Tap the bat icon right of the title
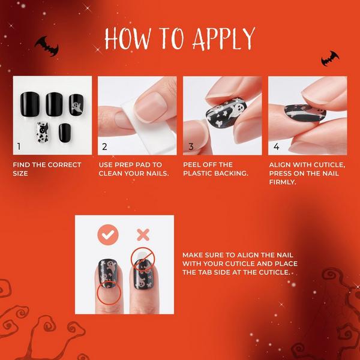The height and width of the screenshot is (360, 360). pyautogui.click(x=329, y=58)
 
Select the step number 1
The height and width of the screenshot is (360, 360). pyautogui.click(x=19, y=146)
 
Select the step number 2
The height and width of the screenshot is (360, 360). pyautogui.click(x=104, y=146)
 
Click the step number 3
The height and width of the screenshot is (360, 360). pyautogui.click(x=191, y=146)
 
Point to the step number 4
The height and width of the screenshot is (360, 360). pyautogui.click(x=276, y=146)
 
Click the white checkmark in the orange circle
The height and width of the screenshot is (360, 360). pyautogui.click(x=108, y=235)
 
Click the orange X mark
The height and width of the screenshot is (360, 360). pyautogui.click(x=142, y=234)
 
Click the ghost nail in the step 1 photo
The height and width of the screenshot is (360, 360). pyautogui.click(x=76, y=103)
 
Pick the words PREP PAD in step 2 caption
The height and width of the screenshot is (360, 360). pyautogui.click(x=138, y=165)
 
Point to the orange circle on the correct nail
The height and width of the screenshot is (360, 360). pyautogui.click(x=108, y=292)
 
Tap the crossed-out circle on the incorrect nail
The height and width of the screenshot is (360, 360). pyautogui.click(x=142, y=257)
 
